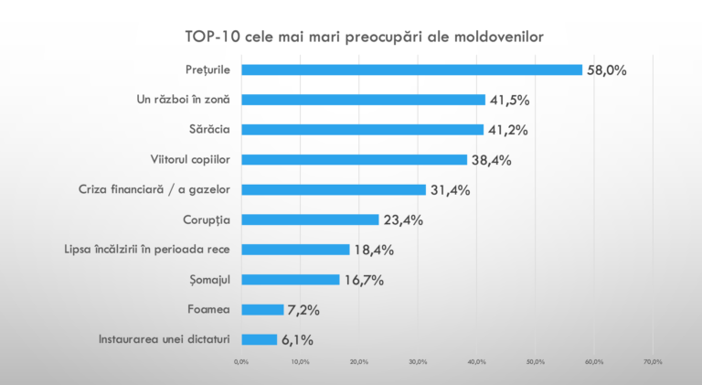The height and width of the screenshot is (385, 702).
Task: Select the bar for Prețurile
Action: pyautogui.click(x=411, y=70)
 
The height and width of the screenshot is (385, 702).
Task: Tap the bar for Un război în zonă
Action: pyautogui.click(x=363, y=100)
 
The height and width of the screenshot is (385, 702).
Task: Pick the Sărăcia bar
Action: pyautogui.click(x=362, y=130)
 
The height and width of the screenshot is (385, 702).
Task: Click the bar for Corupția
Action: pyautogui.click(x=310, y=219)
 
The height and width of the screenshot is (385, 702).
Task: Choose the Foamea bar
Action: pyautogui.click(x=262, y=309)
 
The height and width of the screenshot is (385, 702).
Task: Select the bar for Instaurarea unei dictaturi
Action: pyautogui.click(x=259, y=339)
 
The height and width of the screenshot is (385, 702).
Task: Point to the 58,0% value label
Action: pyautogui.click(x=606, y=70)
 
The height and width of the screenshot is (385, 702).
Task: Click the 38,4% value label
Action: pyautogui.click(x=490, y=160)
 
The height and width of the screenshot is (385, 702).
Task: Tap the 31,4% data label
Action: pyautogui.click(x=449, y=190)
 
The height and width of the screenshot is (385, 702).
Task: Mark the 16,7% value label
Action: pyautogui.click(x=363, y=280)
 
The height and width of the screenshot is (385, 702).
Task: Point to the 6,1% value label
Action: pyautogui.click(x=297, y=340)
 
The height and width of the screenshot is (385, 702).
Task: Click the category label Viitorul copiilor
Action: pyautogui.click(x=189, y=159)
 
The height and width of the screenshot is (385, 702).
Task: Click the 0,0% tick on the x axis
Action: pyautogui.click(x=241, y=362)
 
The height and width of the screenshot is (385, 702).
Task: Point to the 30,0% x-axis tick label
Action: pyautogui.click(x=418, y=362)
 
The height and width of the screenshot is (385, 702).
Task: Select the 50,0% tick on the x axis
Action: pyautogui.click(x=536, y=362)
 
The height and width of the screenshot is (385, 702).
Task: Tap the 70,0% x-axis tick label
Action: pyautogui.click(x=653, y=362)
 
